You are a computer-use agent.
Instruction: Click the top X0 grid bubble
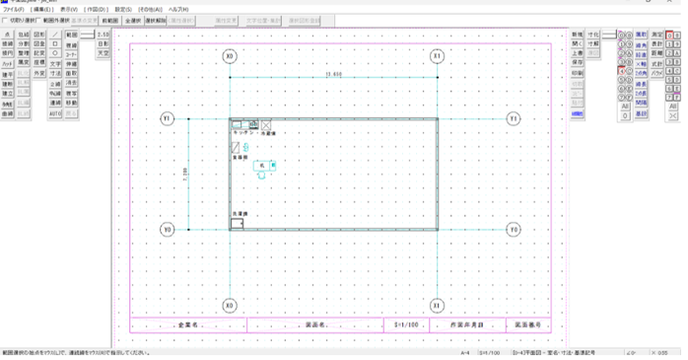[x=230, y=56]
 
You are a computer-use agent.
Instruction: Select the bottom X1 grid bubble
[x=437, y=305]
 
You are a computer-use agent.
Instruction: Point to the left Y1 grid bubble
[x=168, y=119]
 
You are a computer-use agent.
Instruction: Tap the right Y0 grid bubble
[x=514, y=230]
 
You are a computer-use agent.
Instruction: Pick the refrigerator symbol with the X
[x=266, y=125]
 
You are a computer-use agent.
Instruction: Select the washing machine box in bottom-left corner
[x=237, y=223]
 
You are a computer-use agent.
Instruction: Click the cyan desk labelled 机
[x=263, y=165]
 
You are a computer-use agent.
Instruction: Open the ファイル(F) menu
[x=13, y=9]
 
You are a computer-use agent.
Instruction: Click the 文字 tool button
[x=56, y=63]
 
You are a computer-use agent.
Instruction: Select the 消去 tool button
[x=72, y=84]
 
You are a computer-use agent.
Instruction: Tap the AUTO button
[x=56, y=113]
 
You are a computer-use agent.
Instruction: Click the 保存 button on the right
[x=577, y=63]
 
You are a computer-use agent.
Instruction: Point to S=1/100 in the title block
[x=407, y=324]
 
